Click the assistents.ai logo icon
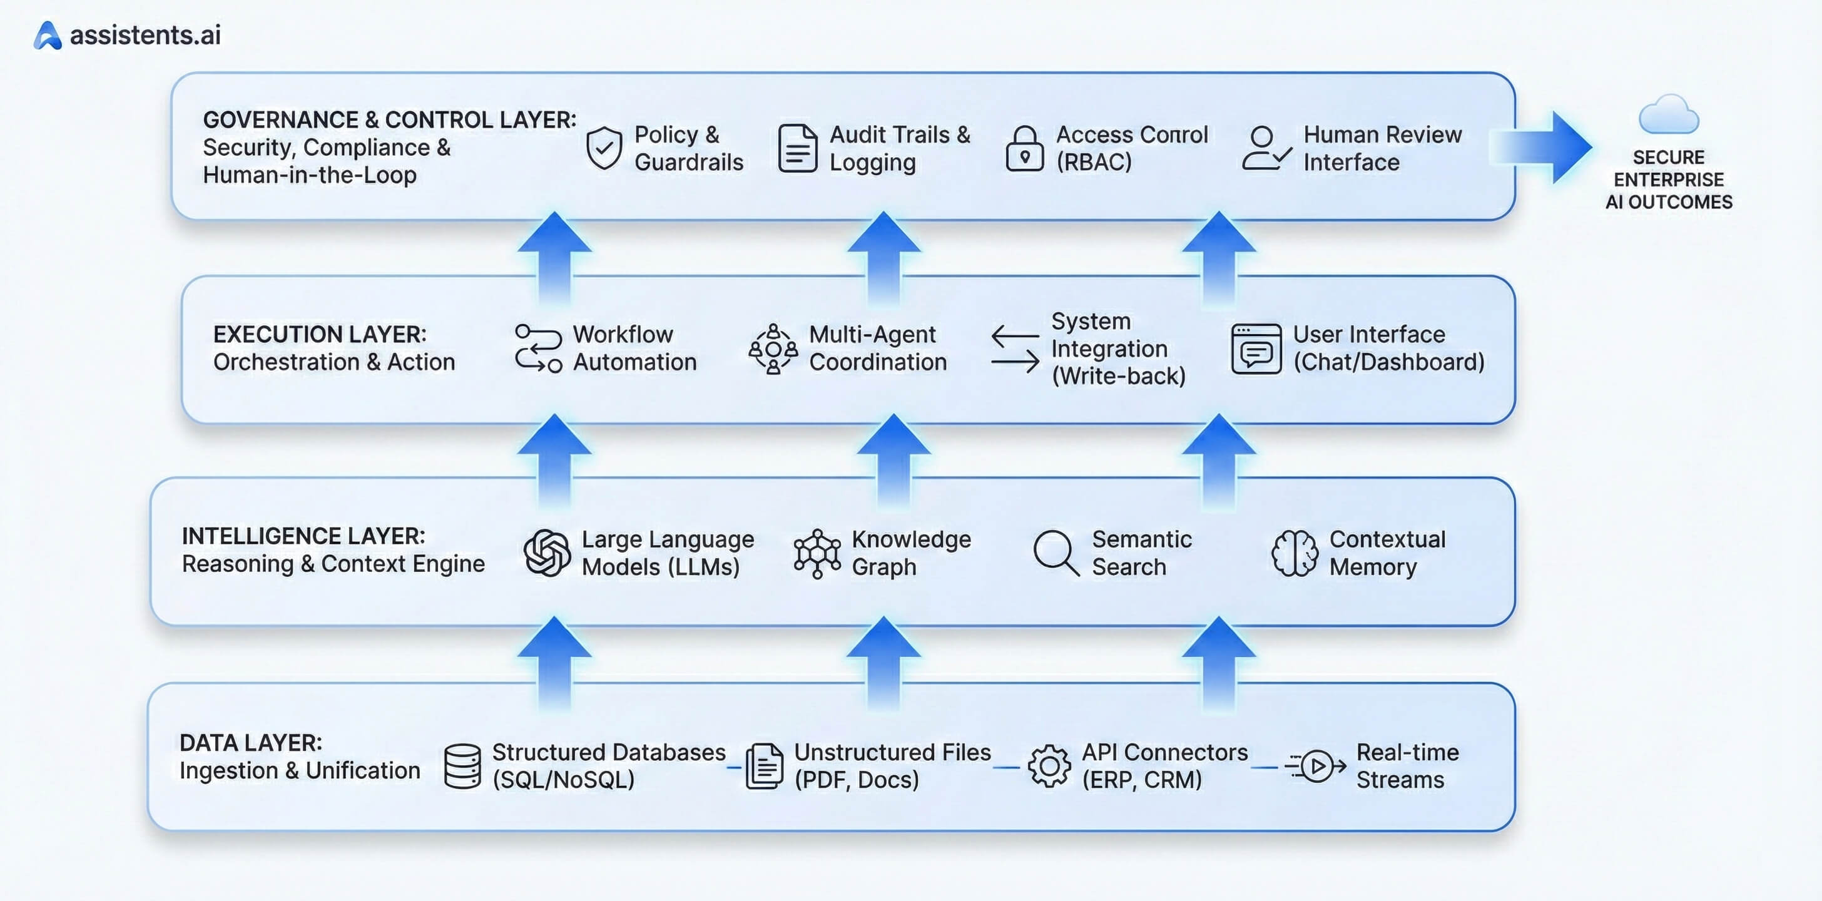point(48,36)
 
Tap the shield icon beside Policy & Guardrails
point(604,148)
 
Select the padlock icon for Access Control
point(1024,149)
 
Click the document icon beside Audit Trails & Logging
point(797,148)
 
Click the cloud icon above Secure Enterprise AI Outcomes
point(1669,115)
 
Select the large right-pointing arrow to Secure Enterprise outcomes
point(1545,147)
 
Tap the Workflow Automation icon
point(538,348)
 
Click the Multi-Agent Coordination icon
point(773,349)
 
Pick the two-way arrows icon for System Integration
point(1014,349)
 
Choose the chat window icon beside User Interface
point(1256,349)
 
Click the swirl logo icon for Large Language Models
point(547,553)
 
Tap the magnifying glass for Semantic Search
point(1056,553)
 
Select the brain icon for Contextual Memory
point(1295,553)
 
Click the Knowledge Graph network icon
point(817,553)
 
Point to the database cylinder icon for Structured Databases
point(462,766)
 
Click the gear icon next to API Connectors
point(1049,766)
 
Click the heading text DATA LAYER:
point(251,743)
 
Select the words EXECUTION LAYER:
point(320,334)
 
